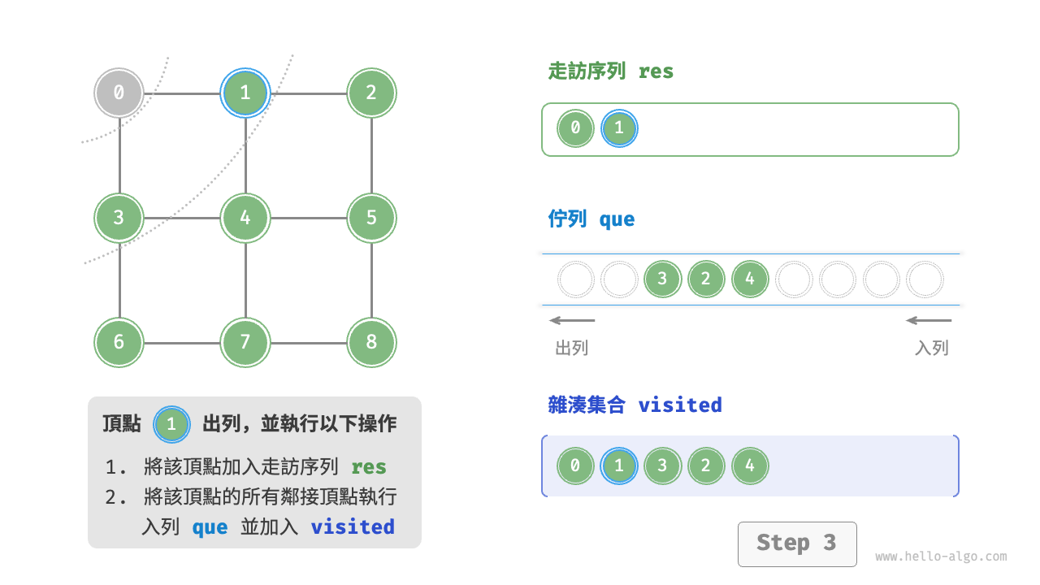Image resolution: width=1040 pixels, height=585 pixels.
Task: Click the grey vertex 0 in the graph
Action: click(119, 93)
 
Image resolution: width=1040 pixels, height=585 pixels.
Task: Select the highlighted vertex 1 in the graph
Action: click(245, 93)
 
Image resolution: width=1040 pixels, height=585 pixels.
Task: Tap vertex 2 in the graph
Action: click(371, 93)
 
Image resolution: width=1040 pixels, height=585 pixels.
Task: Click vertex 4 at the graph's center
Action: click(245, 218)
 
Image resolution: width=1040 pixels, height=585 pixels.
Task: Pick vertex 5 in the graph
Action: click(371, 218)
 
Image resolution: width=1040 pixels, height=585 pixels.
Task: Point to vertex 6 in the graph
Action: click(119, 342)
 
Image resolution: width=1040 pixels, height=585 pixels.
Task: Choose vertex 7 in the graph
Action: click(245, 342)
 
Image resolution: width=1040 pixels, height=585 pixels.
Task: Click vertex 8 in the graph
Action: click(371, 342)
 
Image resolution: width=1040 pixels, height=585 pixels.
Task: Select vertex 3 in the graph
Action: click(119, 218)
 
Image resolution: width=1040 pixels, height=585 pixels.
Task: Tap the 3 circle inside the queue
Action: click(662, 279)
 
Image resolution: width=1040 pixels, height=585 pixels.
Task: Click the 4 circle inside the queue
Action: click(750, 279)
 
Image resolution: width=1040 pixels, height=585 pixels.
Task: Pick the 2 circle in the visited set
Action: click(706, 466)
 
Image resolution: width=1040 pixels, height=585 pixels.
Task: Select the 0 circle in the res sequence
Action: click(575, 128)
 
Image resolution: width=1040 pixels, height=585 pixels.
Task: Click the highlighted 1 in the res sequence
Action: click(619, 128)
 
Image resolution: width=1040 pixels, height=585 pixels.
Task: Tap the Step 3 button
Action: click(796, 544)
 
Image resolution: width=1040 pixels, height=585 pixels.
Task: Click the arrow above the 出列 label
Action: click(572, 320)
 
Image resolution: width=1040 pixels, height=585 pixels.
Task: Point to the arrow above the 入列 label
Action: click(929, 320)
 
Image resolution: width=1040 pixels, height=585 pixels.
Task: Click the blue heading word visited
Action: click(680, 405)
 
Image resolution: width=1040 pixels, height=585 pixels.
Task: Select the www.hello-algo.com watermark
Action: click(941, 557)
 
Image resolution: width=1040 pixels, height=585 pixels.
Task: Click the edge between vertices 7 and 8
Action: click(309, 342)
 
